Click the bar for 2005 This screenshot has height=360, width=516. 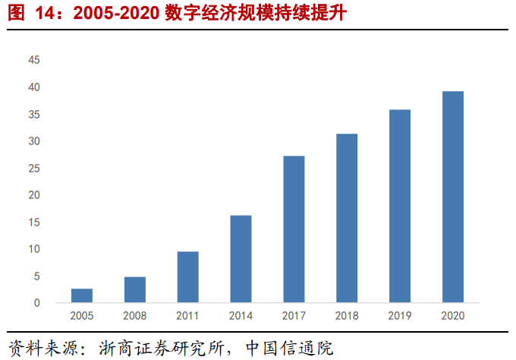[82, 295]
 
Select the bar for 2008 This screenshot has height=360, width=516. [135, 289]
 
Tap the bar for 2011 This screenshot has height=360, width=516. [188, 277]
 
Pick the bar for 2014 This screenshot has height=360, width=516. [241, 259]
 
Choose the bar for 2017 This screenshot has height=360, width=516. [294, 229]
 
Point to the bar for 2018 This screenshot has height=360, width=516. [347, 218]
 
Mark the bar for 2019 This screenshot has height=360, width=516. [400, 206]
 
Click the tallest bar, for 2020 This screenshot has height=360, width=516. [453, 197]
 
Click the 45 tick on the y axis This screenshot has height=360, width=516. [33, 61]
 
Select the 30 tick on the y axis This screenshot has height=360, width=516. [33, 141]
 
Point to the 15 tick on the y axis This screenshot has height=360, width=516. [33, 223]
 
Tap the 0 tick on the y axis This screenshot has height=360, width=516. [36, 303]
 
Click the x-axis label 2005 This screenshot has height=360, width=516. [82, 316]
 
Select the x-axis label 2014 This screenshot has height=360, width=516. [241, 316]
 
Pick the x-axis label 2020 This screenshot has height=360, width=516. [453, 316]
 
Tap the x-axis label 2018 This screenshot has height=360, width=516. [347, 316]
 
